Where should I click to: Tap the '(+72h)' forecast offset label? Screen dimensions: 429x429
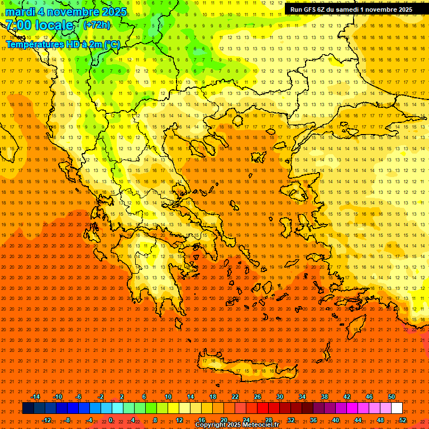[x=97, y=25]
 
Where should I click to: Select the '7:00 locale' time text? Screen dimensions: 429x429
[x=39, y=25]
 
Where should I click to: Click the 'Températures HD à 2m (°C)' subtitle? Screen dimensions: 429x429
[x=63, y=45]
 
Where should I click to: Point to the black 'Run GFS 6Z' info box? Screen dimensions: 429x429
[x=351, y=9]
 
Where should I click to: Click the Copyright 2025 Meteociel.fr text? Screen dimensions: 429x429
[x=236, y=425]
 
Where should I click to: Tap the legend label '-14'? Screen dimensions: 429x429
[x=35, y=397]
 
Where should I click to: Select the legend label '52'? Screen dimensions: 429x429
[x=403, y=420]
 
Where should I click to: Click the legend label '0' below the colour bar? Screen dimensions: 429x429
[x=111, y=420]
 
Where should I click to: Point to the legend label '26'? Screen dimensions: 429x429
[x=258, y=397]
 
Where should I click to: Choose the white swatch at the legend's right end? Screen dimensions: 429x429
[x=397, y=408]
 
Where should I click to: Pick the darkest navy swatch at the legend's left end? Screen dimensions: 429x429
[x=28, y=408]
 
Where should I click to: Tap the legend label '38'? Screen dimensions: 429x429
[x=325, y=397]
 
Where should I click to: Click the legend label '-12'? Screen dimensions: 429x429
[x=47, y=420]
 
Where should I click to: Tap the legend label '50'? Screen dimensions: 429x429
[x=392, y=397]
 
